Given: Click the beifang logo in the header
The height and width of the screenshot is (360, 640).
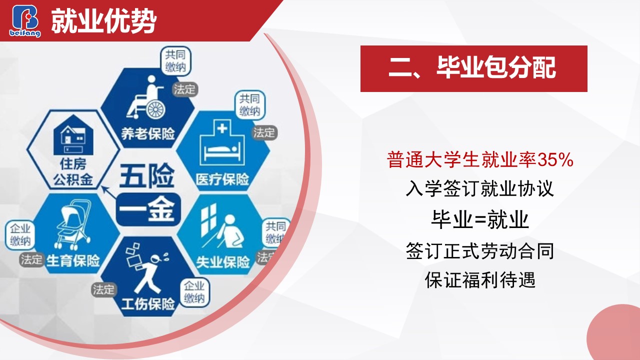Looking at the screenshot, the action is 25,20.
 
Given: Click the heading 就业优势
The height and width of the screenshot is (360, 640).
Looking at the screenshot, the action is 104,21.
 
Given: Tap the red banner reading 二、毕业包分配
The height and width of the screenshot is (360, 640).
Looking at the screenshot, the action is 473,68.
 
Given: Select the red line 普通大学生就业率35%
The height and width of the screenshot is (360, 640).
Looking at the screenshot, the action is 480,159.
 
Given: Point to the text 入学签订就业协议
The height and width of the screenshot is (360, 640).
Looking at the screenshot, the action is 480,188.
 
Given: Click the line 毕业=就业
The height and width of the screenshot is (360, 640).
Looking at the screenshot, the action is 480,219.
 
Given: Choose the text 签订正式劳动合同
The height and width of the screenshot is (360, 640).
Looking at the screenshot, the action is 480,251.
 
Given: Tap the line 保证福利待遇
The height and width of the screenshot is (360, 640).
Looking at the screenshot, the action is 480,280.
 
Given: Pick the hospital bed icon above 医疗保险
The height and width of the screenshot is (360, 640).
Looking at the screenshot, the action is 222,143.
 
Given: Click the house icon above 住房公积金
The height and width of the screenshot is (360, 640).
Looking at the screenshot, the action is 73,134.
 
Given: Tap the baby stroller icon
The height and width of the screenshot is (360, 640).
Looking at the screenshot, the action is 73,224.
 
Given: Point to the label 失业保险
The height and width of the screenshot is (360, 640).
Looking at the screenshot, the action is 223,261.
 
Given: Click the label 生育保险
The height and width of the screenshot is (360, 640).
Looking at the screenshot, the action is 73,260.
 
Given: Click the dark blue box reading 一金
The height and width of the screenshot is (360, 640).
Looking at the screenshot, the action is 148,209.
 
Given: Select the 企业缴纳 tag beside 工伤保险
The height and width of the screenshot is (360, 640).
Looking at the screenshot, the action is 194,292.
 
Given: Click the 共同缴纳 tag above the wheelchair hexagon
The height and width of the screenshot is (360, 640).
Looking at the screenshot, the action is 175,61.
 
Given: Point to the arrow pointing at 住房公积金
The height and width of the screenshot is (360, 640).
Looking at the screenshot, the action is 109,192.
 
